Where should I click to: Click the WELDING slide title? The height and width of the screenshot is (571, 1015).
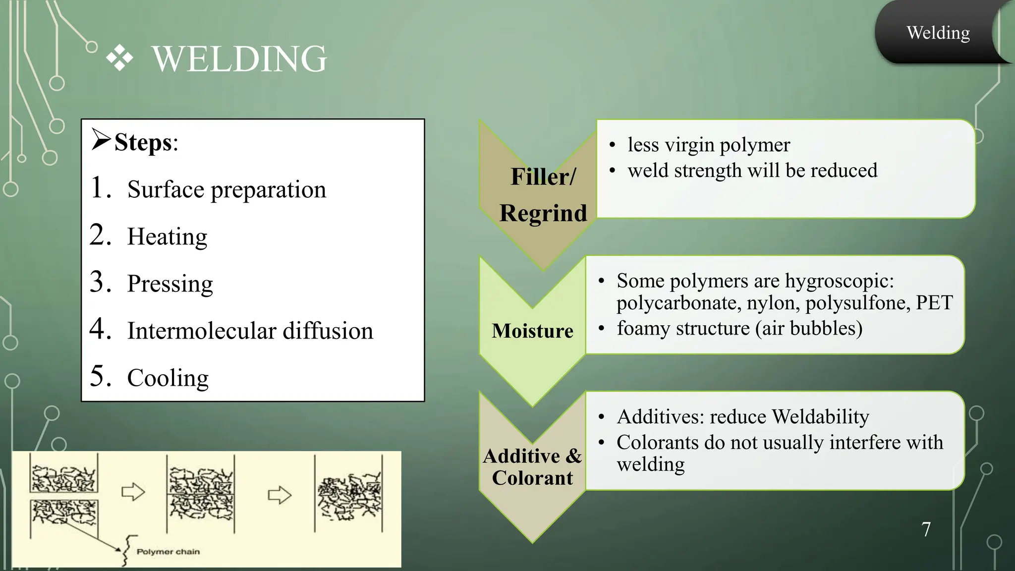coord(239,59)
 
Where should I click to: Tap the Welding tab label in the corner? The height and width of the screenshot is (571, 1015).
coord(938,33)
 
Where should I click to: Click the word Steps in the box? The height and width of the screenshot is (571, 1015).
coord(143,143)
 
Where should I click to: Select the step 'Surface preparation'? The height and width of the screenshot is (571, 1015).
coord(226,189)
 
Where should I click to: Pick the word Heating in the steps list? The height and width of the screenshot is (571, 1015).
coord(167,236)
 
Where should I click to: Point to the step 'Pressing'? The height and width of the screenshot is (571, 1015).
coord(170,284)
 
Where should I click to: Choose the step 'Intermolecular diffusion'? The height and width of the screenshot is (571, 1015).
coord(250,331)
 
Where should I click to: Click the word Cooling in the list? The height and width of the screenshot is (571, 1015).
coord(168,378)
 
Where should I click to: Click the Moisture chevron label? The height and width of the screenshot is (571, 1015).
coord(532,331)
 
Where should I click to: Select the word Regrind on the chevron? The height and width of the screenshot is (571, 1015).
coord(543,213)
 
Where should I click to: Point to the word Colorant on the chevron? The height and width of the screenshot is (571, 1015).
coord(532,478)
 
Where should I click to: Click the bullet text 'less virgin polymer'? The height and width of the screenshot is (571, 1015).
coord(708,145)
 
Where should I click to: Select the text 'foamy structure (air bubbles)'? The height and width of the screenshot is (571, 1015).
coord(739,328)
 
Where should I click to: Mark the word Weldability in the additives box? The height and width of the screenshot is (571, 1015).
coord(820,416)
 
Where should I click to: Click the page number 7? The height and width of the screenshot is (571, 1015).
coord(926,529)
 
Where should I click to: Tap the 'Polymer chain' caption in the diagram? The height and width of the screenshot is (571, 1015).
coord(168,552)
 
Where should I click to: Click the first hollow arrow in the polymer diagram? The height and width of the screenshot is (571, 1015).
coord(133,492)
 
